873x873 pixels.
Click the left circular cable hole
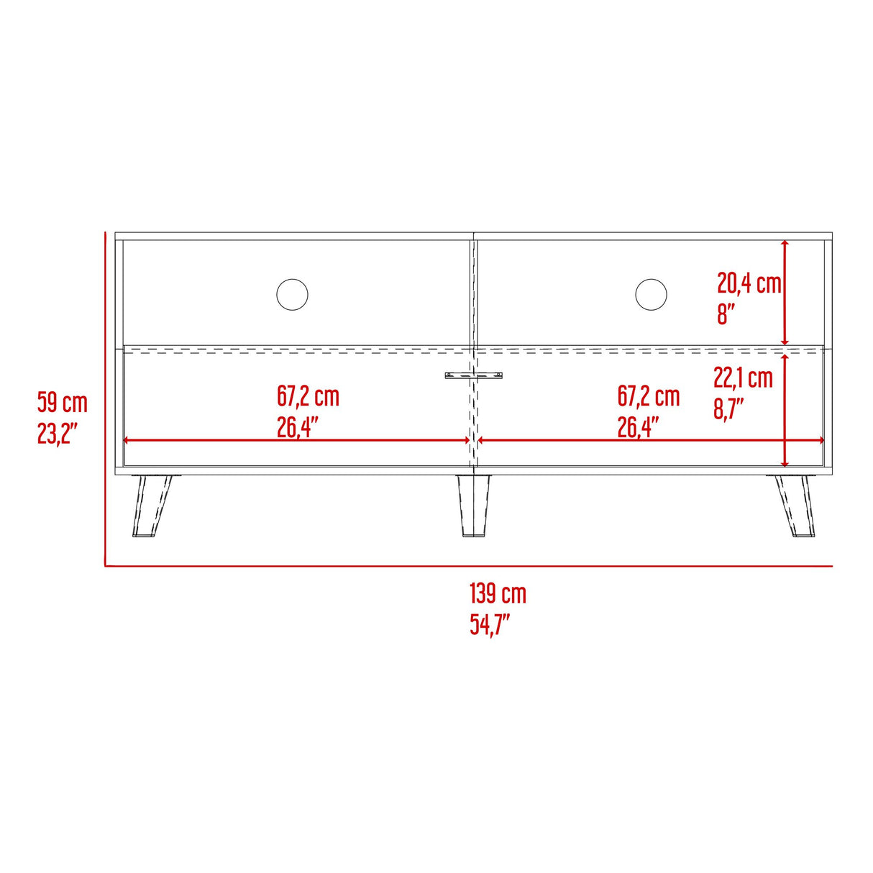[x=292, y=295]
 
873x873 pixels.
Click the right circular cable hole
[x=651, y=295]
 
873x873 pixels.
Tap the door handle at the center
[x=473, y=375]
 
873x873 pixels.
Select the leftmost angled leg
[x=151, y=506]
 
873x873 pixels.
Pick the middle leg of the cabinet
[x=472, y=506]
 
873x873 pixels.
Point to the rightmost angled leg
[x=794, y=506]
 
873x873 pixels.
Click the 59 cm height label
[x=63, y=403]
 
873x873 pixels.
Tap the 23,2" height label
[x=58, y=434]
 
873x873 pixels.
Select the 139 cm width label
[x=498, y=594]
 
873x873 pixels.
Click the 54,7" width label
[x=490, y=624]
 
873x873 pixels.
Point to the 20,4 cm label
[x=748, y=283]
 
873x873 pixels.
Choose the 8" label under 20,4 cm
[x=726, y=314]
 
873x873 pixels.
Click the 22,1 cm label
[x=743, y=377]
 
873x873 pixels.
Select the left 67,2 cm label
[x=308, y=396]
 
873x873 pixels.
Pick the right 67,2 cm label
[x=649, y=396]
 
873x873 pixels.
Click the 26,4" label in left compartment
[x=298, y=428]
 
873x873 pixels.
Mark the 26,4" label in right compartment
[x=639, y=428]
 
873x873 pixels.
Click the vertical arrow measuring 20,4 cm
[x=785, y=293]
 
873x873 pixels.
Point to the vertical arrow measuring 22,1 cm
[x=785, y=411]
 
